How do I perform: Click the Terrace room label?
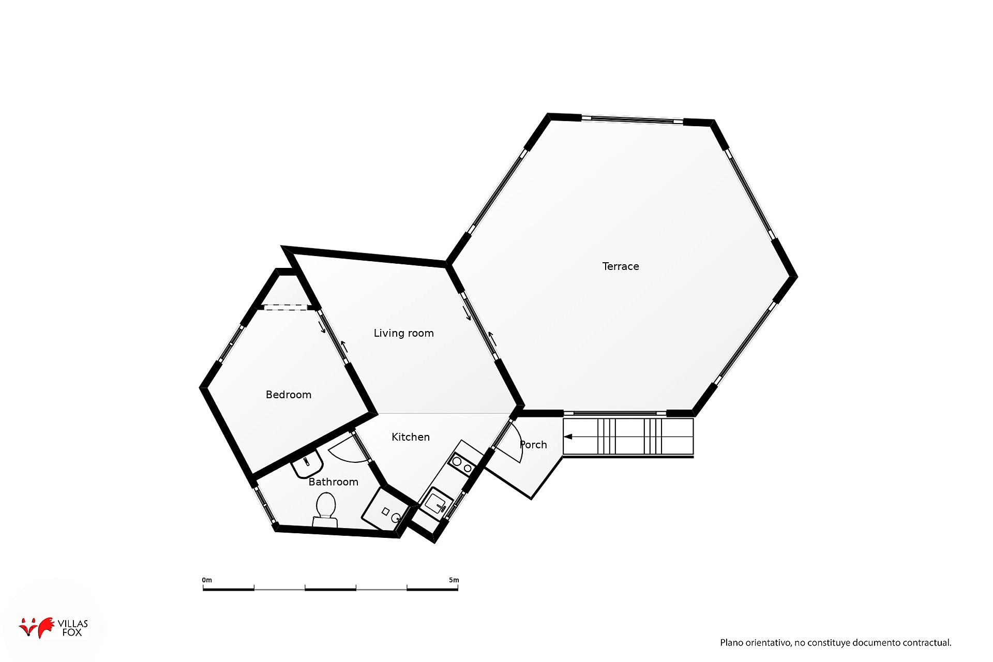tap(620, 266)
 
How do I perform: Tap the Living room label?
tap(403, 333)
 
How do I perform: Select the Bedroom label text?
tap(288, 395)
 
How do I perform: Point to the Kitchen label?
tap(410, 437)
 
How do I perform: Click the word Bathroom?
tap(333, 482)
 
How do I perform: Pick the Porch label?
tap(533, 445)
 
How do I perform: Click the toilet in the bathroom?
tap(325, 509)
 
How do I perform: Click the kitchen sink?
tap(436, 502)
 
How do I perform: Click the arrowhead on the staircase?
tap(568, 437)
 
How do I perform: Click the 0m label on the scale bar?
tap(207, 580)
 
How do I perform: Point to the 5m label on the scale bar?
tap(454, 580)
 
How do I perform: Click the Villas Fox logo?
tap(53, 627)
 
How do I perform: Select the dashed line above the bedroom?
tap(285, 308)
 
